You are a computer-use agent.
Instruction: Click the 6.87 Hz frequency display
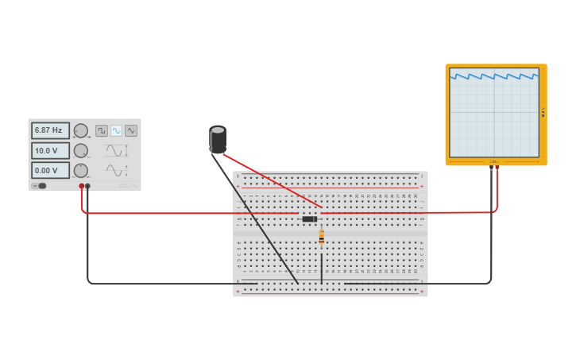(49, 130)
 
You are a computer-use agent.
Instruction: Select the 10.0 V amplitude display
(49, 150)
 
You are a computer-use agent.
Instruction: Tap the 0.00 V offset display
(49, 170)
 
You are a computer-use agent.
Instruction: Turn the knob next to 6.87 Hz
(81, 130)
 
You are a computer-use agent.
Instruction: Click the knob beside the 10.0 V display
(81, 150)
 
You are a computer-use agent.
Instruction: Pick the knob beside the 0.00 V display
(81, 170)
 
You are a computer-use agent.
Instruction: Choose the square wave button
(102, 130)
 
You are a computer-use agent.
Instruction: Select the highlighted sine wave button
(117, 130)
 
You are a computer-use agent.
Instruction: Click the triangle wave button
(131, 130)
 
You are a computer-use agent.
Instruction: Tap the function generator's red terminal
(81, 186)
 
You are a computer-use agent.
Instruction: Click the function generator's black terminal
(87, 186)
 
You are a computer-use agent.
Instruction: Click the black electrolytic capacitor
(218, 139)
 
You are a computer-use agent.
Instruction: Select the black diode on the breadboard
(310, 219)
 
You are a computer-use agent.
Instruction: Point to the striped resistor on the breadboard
(321, 236)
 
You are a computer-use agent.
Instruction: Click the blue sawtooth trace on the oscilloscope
(494, 77)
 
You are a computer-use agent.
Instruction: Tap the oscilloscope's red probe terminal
(497, 167)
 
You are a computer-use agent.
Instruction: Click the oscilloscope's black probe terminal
(491, 167)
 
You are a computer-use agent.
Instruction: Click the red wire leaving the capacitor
(270, 180)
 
